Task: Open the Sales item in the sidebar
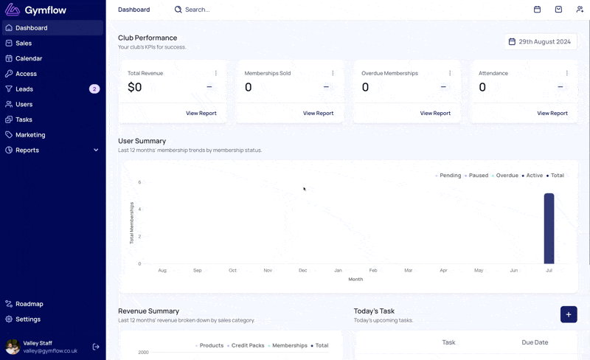click(x=24, y=44)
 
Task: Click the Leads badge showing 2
click(x=94, y=89)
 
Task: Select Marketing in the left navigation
click(x=30, y=135)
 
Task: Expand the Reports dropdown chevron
click(x=96, y=150)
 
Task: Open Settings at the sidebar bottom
click(x=28, y=319)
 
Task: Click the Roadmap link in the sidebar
click(x=29, y=304)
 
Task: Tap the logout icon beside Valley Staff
click(x=96, y=347)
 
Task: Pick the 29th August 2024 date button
click(x=541, y=42)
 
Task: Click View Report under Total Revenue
click(x=201, y=113)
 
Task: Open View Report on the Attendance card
click(x=552, y=113)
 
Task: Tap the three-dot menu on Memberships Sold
click(x=333, y=73)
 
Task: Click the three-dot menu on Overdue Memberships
click(x=450, y=73)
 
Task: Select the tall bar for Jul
click(x=549, y=229)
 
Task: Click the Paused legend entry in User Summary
click(x=476, y=176)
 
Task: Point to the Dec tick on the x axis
click(x=303, y=271)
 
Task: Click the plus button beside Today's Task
click(x=569, y=314)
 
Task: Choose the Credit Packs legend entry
click(x=246, y=345)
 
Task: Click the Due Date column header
click(x=535, y=342)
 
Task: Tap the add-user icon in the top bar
click(x=580, y=10)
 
